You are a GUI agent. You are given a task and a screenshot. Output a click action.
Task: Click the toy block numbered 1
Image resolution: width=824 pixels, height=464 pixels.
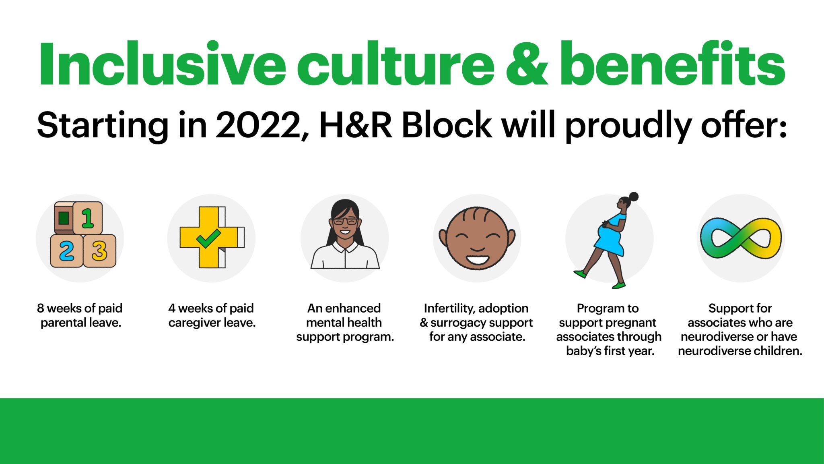click(x=87, y=217)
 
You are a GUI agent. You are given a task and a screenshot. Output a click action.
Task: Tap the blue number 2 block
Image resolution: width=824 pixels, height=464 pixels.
click(x=66, y=251)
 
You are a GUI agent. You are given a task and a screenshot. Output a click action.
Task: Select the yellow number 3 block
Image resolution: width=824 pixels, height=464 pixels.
click(x=100, y=251)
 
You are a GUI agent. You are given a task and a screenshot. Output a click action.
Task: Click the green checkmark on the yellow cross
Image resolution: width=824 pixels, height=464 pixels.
click(x=208, y=239)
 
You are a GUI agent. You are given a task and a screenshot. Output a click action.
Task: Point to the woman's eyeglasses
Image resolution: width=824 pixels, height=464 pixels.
click(x=345, y=221)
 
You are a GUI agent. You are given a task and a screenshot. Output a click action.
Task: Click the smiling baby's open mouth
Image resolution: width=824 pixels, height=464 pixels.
click(x=478, y=259)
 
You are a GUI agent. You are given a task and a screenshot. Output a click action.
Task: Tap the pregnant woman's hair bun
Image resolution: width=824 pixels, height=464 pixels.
click(x=633, y=197)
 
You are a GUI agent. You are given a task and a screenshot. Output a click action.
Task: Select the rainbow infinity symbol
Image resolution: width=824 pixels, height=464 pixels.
click(x=741, y=238)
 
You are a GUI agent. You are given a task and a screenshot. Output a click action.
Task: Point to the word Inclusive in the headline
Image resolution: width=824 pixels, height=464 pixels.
click(x=162, y=63)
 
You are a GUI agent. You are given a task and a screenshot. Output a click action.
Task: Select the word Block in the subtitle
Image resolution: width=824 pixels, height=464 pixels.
click(x=447, y=124)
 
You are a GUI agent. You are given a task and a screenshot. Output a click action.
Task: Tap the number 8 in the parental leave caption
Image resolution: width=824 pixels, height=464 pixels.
click(x=40, y=309)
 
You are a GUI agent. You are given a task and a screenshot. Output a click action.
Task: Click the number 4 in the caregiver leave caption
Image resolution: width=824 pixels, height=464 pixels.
click(x=172, y=309)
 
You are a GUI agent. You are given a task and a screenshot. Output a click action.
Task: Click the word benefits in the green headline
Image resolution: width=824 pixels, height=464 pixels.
click(x=672, y=63)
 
